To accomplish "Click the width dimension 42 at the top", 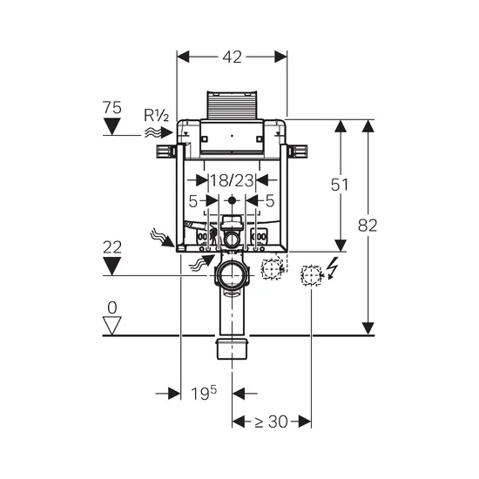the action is [x=233, y=57].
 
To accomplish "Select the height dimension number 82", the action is [x=368, y=226].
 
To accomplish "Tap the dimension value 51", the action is [x=340, y=185].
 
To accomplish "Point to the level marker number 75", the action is [x=111, y=107].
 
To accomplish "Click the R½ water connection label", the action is [x=156, y=116].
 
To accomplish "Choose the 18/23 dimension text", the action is [x=233, y=180].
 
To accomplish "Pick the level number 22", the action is [x=111, y=247].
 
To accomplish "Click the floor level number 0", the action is [x=112, y=307].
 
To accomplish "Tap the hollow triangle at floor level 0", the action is [x=112, y=326].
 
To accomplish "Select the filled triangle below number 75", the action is [x=111, y=126].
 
